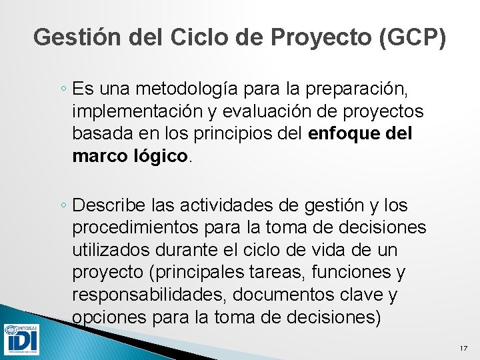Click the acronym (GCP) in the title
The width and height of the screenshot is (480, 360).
(413, 37)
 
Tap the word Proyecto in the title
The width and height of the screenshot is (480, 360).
(322, 37)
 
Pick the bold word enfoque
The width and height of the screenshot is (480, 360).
(345, 133)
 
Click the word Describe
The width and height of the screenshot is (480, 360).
(107, 205)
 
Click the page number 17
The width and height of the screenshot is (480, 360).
(464, 349)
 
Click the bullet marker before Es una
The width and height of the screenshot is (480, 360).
(63, 89)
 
